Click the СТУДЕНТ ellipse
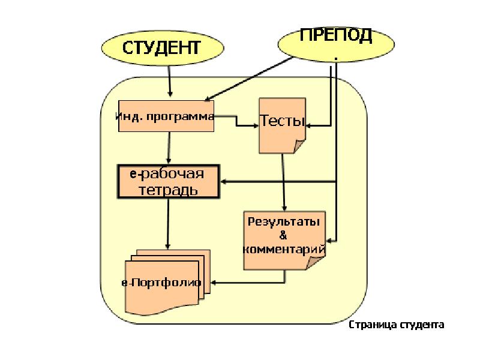[160, 47]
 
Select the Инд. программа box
[166, 116]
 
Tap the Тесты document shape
[282, 122]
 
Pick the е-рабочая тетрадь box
[167, 182]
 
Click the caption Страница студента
[397, 325]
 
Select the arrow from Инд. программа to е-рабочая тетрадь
[169, 148]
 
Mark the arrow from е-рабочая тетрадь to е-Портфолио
[167, 224]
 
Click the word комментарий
[284, 248]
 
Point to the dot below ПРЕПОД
[335, 58]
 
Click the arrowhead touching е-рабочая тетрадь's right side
[223, 181]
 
